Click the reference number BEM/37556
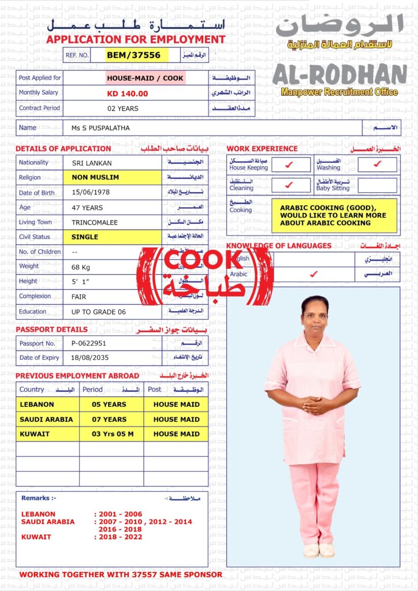point(137,55)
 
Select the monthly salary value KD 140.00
point(128,93)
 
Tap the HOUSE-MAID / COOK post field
point(145,78)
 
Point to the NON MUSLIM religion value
point(96,177)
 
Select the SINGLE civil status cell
point(85,237)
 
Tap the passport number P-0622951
point(89,343)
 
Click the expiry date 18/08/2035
point(89,358)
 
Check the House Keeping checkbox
point(289,164)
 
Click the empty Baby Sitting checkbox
point(377,185)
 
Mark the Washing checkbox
point(377,164)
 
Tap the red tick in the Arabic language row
point(313,274)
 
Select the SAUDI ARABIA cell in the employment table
point(46,420)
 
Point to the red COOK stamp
point(204,275)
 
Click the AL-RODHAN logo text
point(339,74)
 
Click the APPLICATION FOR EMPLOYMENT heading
point(136,40)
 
